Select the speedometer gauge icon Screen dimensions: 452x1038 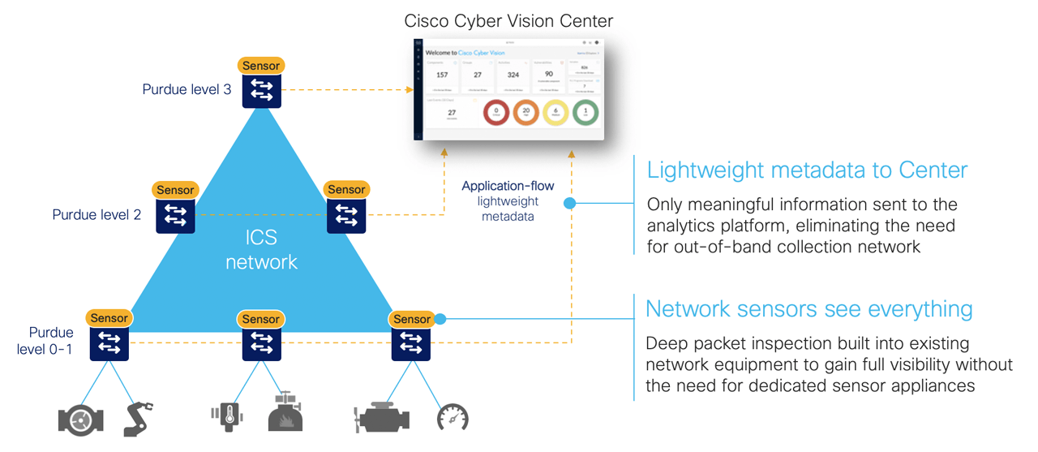(453, 418)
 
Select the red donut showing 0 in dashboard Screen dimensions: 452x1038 (495, 113)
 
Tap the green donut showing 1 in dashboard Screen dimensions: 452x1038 (585, 113)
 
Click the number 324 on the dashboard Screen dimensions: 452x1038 (513, 75)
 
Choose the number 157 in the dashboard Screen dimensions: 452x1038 (442, 75)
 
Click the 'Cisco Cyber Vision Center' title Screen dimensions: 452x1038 (509, 21)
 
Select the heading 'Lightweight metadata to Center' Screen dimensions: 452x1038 (807, 170)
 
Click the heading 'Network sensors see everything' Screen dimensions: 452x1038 (809, 309)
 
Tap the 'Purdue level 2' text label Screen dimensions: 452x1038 (97, 215)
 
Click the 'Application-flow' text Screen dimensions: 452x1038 (508, 187)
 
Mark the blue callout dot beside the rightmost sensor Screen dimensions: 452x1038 (440, 319)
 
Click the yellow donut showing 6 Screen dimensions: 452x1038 (555, 113)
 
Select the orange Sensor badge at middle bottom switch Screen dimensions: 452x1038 (260, 319)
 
